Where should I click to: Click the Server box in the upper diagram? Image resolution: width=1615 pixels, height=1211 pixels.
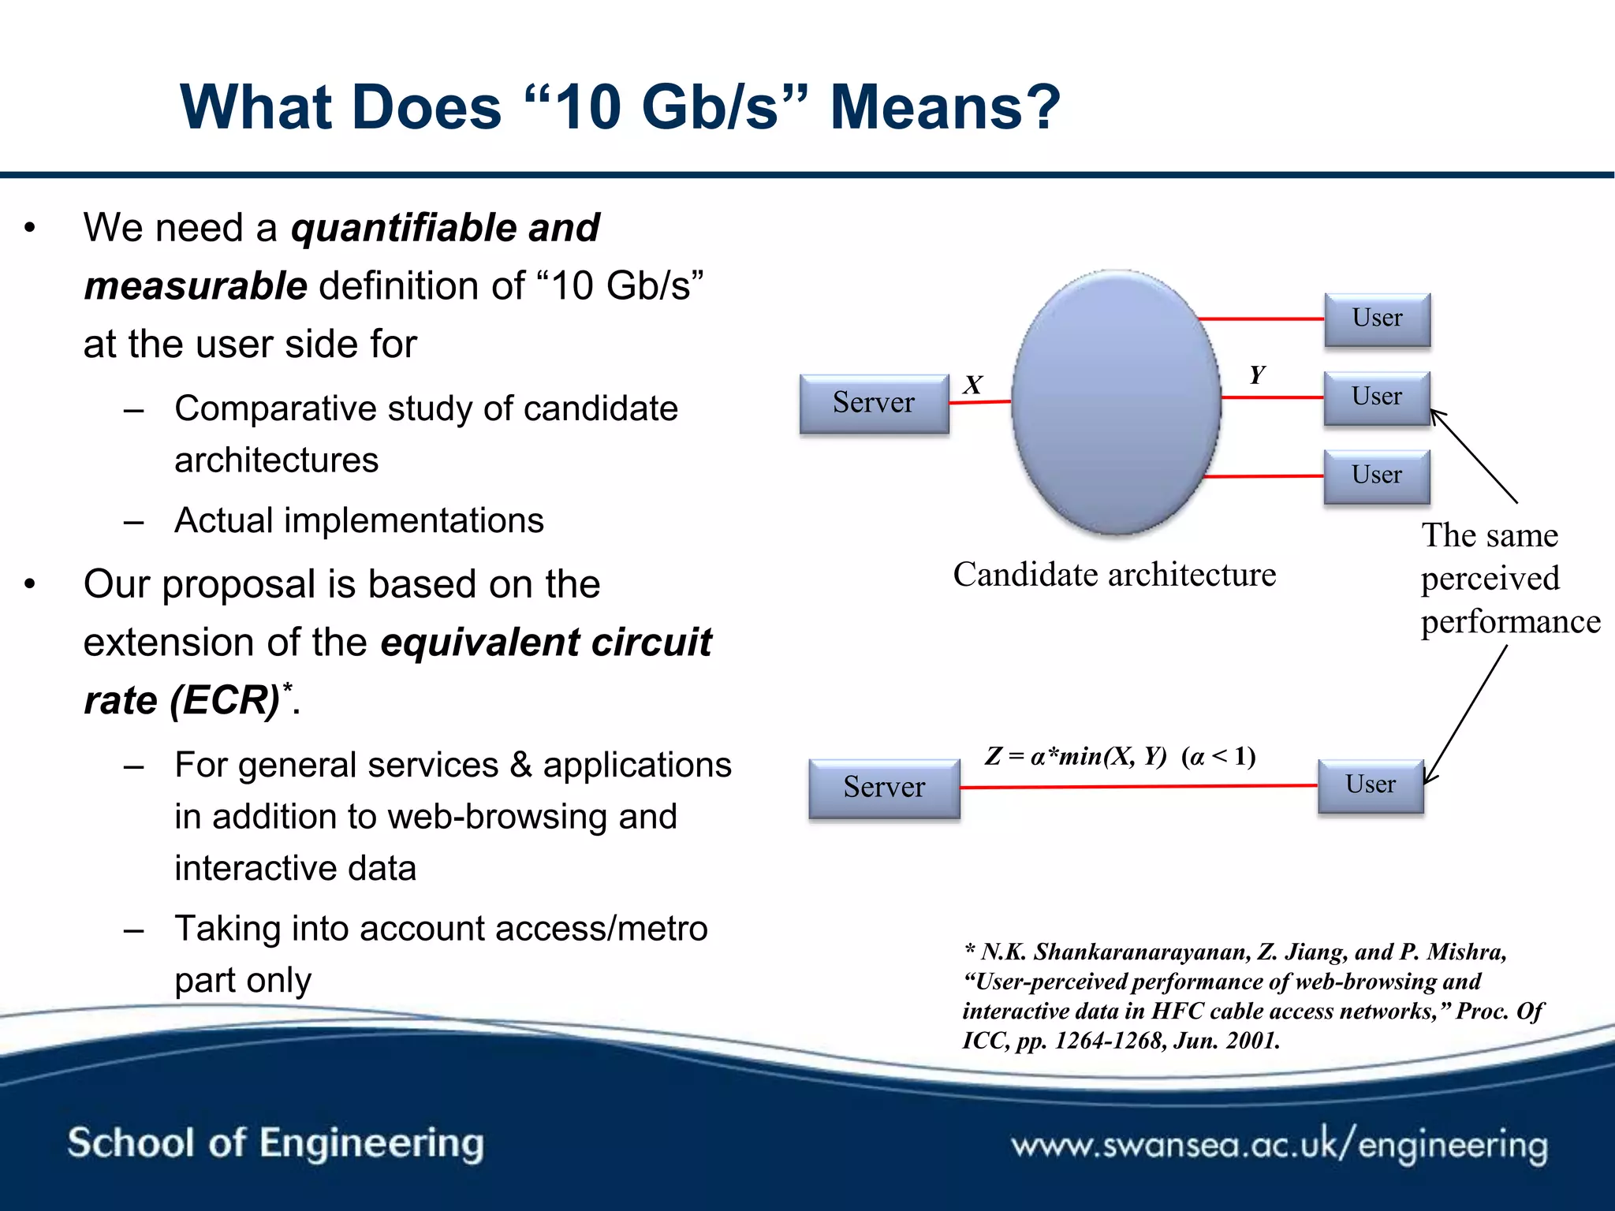(874, 403)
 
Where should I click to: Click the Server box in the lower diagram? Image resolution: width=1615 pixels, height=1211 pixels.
(884, 787)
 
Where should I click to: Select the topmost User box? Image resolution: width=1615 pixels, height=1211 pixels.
(1377, 318)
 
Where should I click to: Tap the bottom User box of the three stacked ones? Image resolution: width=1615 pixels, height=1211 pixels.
(1376, 475)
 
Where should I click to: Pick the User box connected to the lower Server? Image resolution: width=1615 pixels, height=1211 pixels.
(1371, 784)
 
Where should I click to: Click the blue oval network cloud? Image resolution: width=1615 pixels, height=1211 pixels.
(1116, 402)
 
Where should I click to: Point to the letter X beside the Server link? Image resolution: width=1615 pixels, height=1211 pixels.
(973, 385)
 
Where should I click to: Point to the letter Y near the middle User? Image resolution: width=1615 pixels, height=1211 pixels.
(1257, 374)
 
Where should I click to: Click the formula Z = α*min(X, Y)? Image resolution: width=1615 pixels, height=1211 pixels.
(1076, 756)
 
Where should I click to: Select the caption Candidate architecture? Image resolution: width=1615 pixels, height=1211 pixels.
(1114, 575)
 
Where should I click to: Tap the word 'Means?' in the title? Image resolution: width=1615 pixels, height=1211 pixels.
(945, 107)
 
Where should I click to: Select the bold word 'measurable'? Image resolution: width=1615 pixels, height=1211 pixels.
(196, 285)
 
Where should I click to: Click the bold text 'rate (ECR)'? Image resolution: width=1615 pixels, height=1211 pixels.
(182, 700)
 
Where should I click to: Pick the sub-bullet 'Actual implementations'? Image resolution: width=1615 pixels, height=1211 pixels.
(359, 520)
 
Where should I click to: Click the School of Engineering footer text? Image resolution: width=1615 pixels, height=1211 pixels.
(275, 1143)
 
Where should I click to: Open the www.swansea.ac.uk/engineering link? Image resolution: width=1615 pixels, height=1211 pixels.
(1279, 1145)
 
